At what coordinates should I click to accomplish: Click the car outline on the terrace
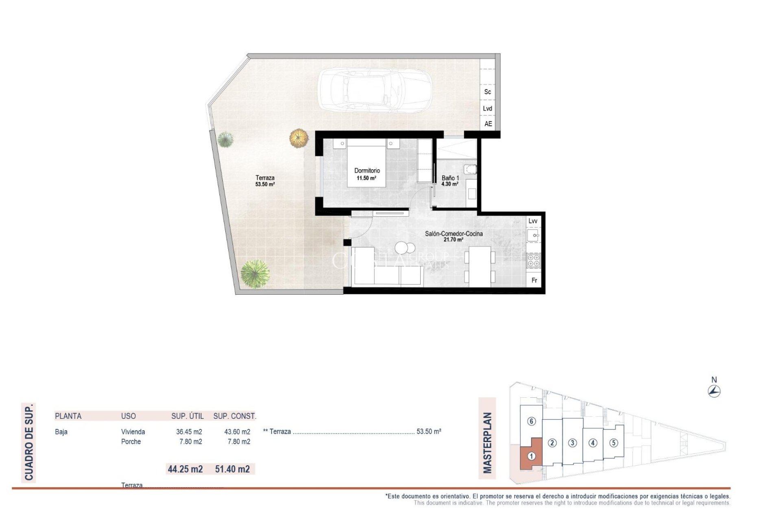pyautogui.click(x=374, y=90)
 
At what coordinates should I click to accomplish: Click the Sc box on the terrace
pyautogui.click(x=487, y=92)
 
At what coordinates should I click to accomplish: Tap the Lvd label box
pyautogui.click(x=487, y=108)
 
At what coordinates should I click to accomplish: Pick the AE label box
pyautogui.click(x=488, y=124)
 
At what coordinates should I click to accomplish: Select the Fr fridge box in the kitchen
pyautogui.click(x=534, y=280)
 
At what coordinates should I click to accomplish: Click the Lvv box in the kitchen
pyautogui.click(x=532, y=221)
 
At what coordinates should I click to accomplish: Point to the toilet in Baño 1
pyautogui.click(x=470, y=169)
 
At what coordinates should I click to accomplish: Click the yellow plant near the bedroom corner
pyautogui.click(x=299, y=138)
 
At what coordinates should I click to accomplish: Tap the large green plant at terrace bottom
pyautogui.click(x=255, y=274)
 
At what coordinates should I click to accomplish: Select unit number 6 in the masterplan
pyautogui.click(x=531, y=421)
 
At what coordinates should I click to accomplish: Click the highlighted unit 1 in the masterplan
pyautogui.click(x=531, y=456)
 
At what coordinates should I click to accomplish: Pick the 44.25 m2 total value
pyautogui.click(x=185, y=469)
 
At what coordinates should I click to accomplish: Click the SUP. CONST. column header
pyautogui.click(x=235, y=416)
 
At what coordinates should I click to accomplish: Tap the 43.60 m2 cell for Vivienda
pyautogui.click(x=237, y=431)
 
